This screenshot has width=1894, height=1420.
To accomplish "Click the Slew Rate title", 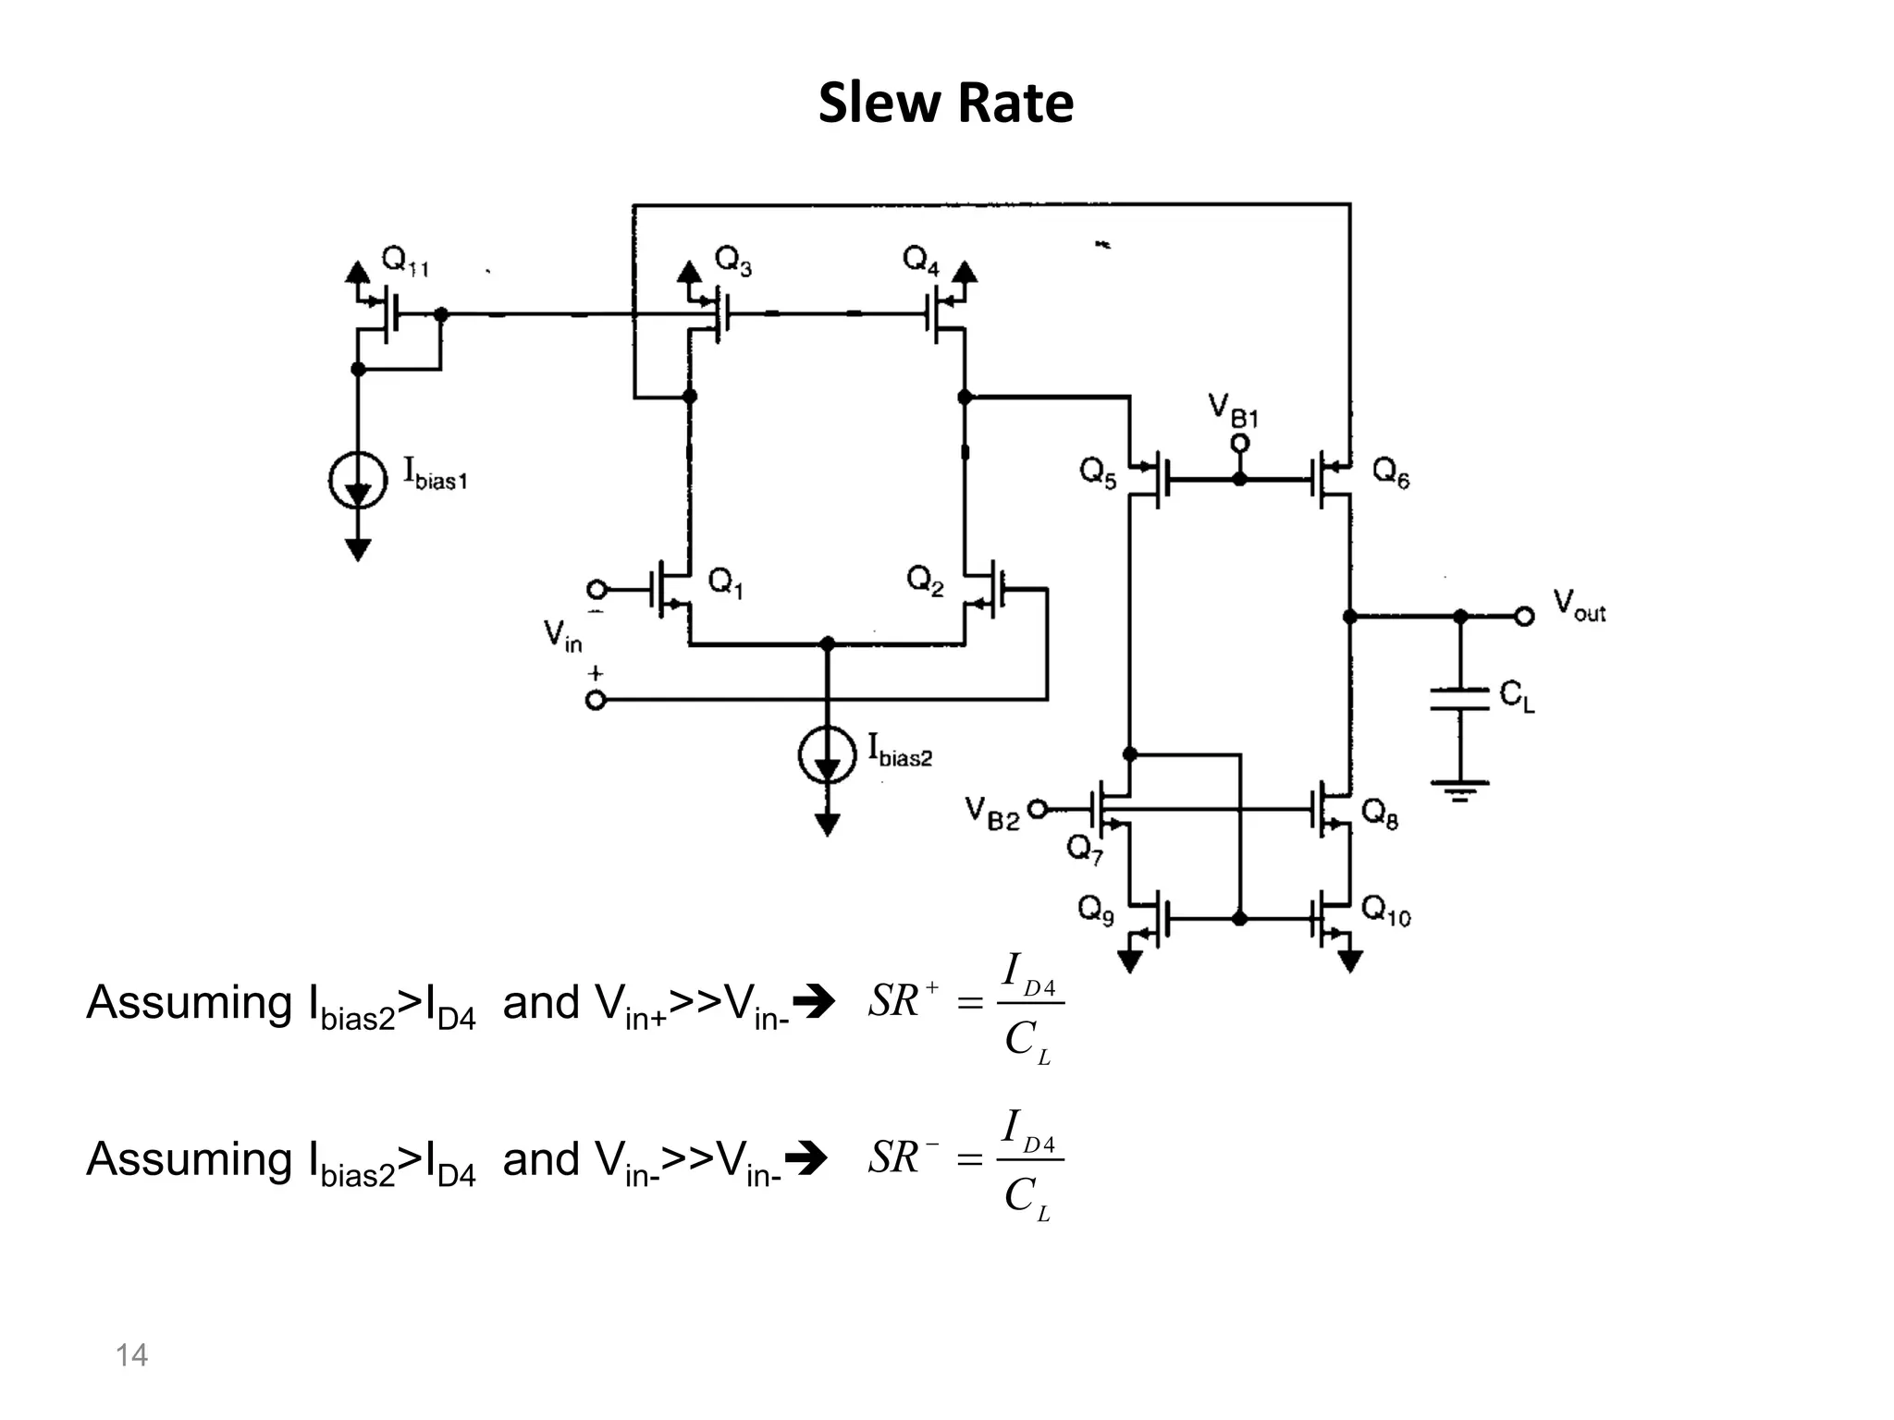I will [945, 102].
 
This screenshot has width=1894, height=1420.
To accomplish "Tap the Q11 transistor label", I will [405, 261].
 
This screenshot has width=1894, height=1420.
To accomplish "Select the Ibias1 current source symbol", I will [358, 480].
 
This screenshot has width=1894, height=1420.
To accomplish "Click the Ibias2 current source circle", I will [827, 755].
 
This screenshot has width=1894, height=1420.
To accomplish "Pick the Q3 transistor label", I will [733, 261].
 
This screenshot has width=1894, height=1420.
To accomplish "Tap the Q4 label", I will [921, 261].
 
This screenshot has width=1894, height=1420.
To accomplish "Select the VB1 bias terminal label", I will [1233, 410].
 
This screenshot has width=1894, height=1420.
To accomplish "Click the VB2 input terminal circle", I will [1038, 810].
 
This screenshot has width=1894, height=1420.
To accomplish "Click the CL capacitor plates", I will [1459, 699].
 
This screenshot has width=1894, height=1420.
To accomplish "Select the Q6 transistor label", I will [1390, 473].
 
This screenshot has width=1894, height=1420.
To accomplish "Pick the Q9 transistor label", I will [1096, 912].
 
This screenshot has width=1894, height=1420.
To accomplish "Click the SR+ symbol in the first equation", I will [902, 1000].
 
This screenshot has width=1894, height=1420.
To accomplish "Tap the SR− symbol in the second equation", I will [902, 1157].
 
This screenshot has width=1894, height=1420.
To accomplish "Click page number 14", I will [131, 1355].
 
